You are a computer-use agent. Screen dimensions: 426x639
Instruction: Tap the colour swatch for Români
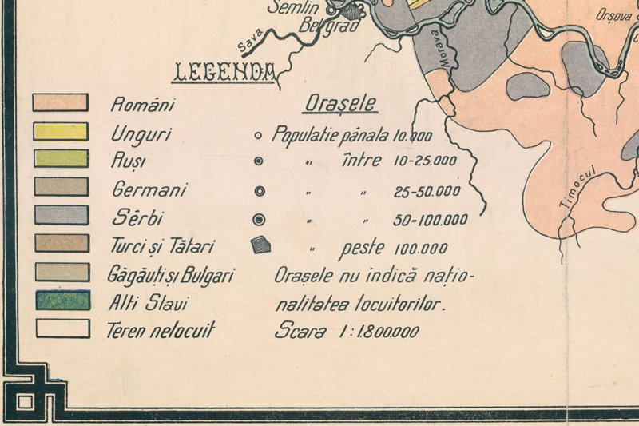tap(60, 103)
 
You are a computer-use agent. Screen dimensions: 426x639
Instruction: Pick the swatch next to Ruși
tap(60, 159)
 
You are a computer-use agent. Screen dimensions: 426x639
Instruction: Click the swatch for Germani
tap(60, 187)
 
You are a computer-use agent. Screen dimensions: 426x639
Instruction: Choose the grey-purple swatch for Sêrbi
tap(60, 215)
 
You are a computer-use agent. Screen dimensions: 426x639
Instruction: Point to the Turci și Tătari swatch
tap(60, 243)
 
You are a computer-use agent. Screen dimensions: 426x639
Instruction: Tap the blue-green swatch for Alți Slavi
tap(60, 301)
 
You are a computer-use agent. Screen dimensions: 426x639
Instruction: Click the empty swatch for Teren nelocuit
tap(60, 329)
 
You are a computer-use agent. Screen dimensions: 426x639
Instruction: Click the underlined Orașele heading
tap(341, 105)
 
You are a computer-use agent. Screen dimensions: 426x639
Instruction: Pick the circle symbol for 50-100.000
tap(259, 219)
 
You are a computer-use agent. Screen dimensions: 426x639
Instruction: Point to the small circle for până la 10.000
tap(258, 136)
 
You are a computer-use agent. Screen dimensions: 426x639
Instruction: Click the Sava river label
tap(250, 37)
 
